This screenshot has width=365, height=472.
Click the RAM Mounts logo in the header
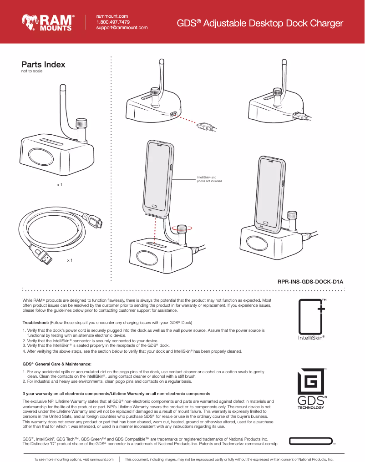(x=47, y=22)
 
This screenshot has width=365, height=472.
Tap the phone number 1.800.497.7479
(x=113, y=22)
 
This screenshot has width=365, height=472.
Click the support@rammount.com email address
(x=122, y=28)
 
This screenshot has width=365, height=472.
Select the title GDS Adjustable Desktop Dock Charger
(x=259, y=23)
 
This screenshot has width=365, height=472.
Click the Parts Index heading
(x=44, y=65)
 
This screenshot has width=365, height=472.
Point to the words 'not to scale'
(x=32, y=72)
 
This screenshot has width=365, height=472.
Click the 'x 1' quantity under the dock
(x=59, y=185)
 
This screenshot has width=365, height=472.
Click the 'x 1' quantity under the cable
(x=70, y=260)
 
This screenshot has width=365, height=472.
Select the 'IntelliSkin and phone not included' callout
(x=209, y=179)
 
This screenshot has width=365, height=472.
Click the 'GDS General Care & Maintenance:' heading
(x=57, y=364)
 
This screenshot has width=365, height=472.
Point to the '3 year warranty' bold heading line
(x=116, y=393)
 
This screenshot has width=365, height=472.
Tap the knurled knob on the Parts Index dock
(x=81, y=123)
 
